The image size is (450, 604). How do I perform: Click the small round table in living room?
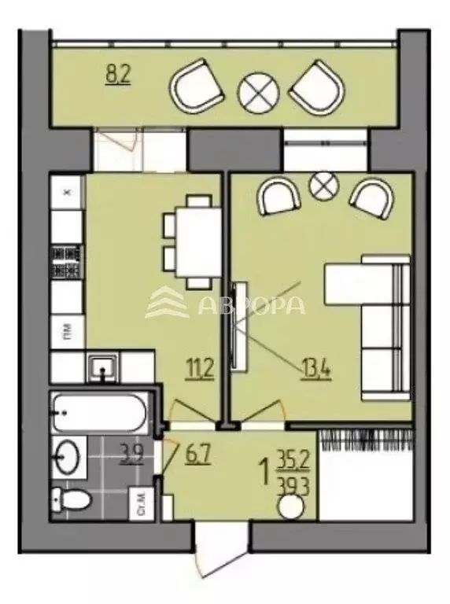pyautogui.click(x=322, y=186)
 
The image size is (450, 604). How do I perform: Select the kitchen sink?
pyautogui.click(x=103, y=367)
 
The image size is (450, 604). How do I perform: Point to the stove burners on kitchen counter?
pyautogui.click(x=67, y=263)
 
